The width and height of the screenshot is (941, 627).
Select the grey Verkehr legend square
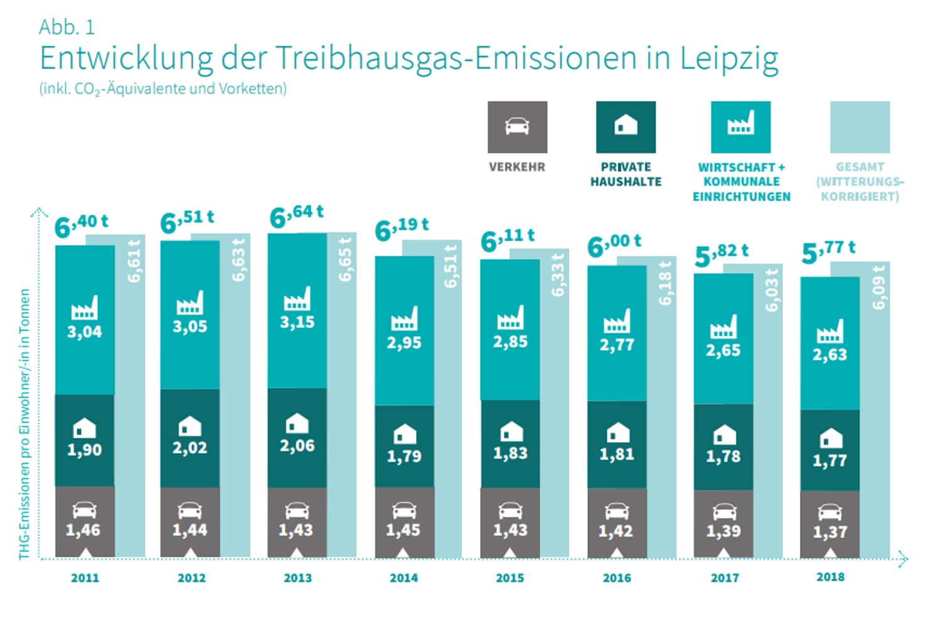(x=517, y=127)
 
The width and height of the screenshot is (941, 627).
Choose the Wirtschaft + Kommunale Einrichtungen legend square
(x=740, y=127)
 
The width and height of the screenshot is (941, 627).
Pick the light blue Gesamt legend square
(x=859, y=127)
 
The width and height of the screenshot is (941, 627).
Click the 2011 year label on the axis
(x=85, y=577)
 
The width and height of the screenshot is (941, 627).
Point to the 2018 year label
(x=830, y=577)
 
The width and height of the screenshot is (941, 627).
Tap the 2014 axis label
(x=403, y=577)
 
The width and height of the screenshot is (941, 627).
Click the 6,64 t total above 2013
(x=296, y=216)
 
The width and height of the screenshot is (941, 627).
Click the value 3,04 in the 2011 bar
(x=85, y=332)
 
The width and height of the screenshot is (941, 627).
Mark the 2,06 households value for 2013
(x=297, y=446)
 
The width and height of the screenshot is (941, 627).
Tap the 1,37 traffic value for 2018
(x=830, y=532)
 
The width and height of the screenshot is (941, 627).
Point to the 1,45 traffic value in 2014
(x=403, y=530)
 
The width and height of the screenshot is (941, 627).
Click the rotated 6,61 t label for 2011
(x=133, y=260)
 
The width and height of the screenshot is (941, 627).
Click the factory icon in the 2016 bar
(x=617, y=321)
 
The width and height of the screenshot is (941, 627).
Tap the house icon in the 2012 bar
(x=189, y=427)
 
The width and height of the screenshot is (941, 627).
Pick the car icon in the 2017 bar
(x=724, y=512)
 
